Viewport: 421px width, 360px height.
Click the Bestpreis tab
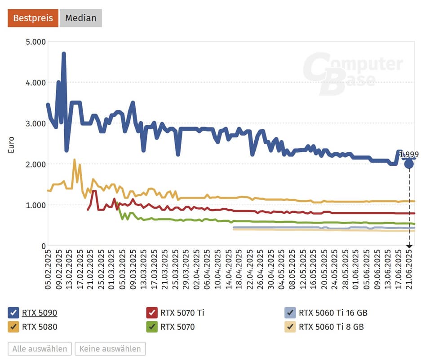[x=33, y=18]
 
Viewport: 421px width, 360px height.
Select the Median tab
[x=81, y=18]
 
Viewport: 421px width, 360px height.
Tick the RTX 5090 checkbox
[x=13, y=313]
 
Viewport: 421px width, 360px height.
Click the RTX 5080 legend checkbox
[x=13, y=327]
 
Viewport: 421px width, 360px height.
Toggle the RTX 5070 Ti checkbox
[x=152, y=313]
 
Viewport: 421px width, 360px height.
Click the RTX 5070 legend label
[x=177, y=327]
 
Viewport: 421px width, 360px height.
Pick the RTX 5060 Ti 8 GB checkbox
[x=290, y=327]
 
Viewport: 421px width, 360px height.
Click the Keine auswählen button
[x=110, y=349]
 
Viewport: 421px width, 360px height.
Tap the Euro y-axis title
[x=11, y=145]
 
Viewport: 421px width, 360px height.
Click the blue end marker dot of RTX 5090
[x=409, y=164]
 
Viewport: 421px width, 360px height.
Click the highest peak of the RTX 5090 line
[x=64, y=53]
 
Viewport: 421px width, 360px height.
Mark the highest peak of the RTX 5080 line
[x=74, y=160]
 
